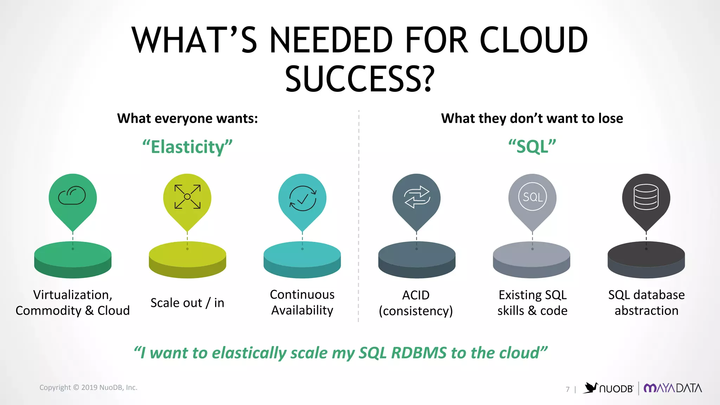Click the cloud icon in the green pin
[x=72, y=195]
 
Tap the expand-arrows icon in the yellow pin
[x=187, y=197]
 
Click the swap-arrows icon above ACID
[x=417, y=197]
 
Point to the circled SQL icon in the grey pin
[x=533, y=197]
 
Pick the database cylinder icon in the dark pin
[x=646, y=197]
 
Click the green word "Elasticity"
[x=187, y=147]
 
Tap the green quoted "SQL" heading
[x=532, y=147]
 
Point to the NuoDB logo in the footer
[x=609, y=388]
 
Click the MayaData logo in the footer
[x=673, y=388]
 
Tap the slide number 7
[x=567, y=389]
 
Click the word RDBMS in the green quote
[x=419, y=353]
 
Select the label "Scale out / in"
[x=187, y=303]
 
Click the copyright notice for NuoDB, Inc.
[x=88, y=387]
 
